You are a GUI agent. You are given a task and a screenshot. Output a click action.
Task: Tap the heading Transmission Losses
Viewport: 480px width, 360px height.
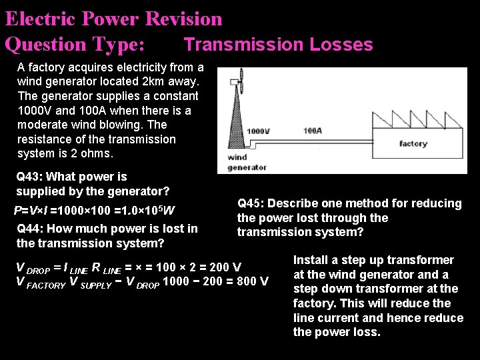[278, 45]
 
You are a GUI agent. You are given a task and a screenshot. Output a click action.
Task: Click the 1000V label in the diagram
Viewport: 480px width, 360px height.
[258, 131]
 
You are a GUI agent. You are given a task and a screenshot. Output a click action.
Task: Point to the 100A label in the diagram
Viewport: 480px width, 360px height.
[312, 131]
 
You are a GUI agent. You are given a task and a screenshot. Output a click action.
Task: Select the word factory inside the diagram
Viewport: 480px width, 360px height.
[413, 143]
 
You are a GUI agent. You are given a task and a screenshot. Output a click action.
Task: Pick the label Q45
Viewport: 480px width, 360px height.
[252, 203]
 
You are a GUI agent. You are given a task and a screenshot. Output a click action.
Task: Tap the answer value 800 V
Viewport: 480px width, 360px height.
[253, 281]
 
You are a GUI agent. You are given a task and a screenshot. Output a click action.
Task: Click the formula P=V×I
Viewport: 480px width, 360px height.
[32, 211]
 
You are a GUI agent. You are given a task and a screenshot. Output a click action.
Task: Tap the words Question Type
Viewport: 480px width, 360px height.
[74, 45]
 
